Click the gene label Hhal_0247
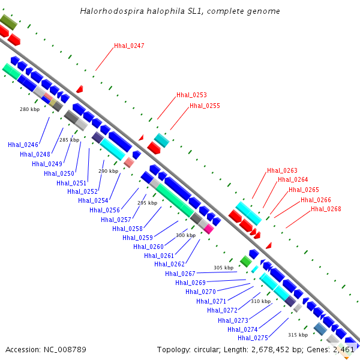coord(129,46)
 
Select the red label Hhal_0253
coord(191,95)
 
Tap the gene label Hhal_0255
coord(205,106)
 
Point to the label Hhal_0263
coord(282,170)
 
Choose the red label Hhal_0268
coord(326,209)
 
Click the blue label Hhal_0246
coord(23,145)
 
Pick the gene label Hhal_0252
coord(82,191)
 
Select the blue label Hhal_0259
coord(137,238)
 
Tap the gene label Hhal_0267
coord(180,274)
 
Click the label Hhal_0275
coord(253,338)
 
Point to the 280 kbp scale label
coord(29,109)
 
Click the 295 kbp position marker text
coord(147,203)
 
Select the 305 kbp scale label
coord(223,268)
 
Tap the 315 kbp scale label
coord(298,335)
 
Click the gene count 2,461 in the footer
coord(344,349)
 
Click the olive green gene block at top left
coord(8,22)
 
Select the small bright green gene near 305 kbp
coord(246,260)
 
